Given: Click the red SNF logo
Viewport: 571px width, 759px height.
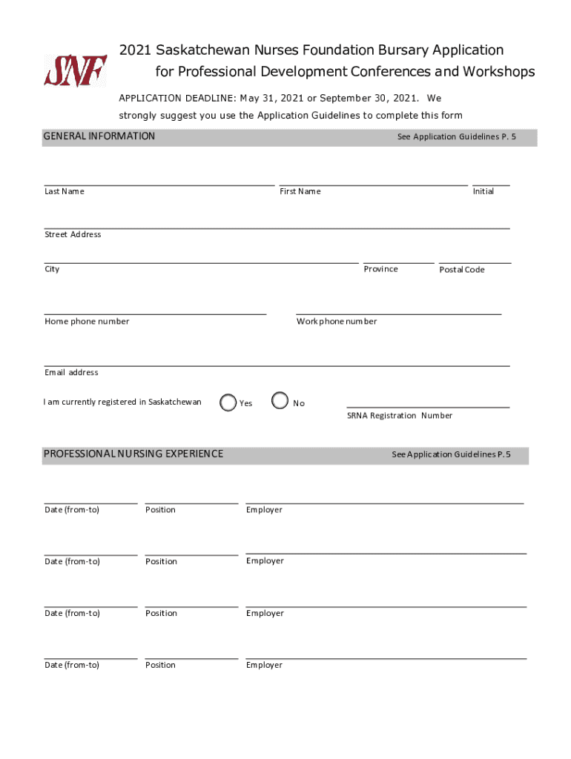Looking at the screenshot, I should [75, 71].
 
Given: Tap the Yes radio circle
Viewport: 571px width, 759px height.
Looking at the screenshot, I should [228, 402].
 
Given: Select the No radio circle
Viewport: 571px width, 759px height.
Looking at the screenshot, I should [280, 401].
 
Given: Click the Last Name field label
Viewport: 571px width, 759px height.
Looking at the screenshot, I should [65, 191].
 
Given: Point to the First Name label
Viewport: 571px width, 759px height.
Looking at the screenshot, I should [300, 191].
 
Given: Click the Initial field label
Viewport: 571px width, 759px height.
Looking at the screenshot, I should [483, 191].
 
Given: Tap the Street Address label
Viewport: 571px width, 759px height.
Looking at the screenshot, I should [73, 234].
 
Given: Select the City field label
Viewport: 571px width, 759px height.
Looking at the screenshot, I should [52, 269].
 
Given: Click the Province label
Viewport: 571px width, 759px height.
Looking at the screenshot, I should [380, 269].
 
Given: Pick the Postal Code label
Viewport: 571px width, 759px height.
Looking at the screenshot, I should [462, 270].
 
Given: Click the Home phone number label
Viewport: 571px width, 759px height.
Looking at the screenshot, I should [87, 322].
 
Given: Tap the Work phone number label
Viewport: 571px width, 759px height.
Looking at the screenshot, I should [337, 322].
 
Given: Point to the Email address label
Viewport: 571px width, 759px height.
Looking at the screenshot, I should [71, 372].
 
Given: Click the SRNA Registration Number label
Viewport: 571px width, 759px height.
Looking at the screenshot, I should [400, 416].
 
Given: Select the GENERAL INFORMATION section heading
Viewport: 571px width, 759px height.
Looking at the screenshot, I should [99, 136].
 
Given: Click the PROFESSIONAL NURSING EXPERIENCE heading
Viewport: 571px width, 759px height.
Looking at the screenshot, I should [133, 454].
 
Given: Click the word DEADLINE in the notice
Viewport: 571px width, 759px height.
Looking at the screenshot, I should [211, 98].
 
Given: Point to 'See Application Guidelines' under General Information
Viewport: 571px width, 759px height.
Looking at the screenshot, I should [456, 137].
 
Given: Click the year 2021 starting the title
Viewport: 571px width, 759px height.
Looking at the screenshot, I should [135, 50].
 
